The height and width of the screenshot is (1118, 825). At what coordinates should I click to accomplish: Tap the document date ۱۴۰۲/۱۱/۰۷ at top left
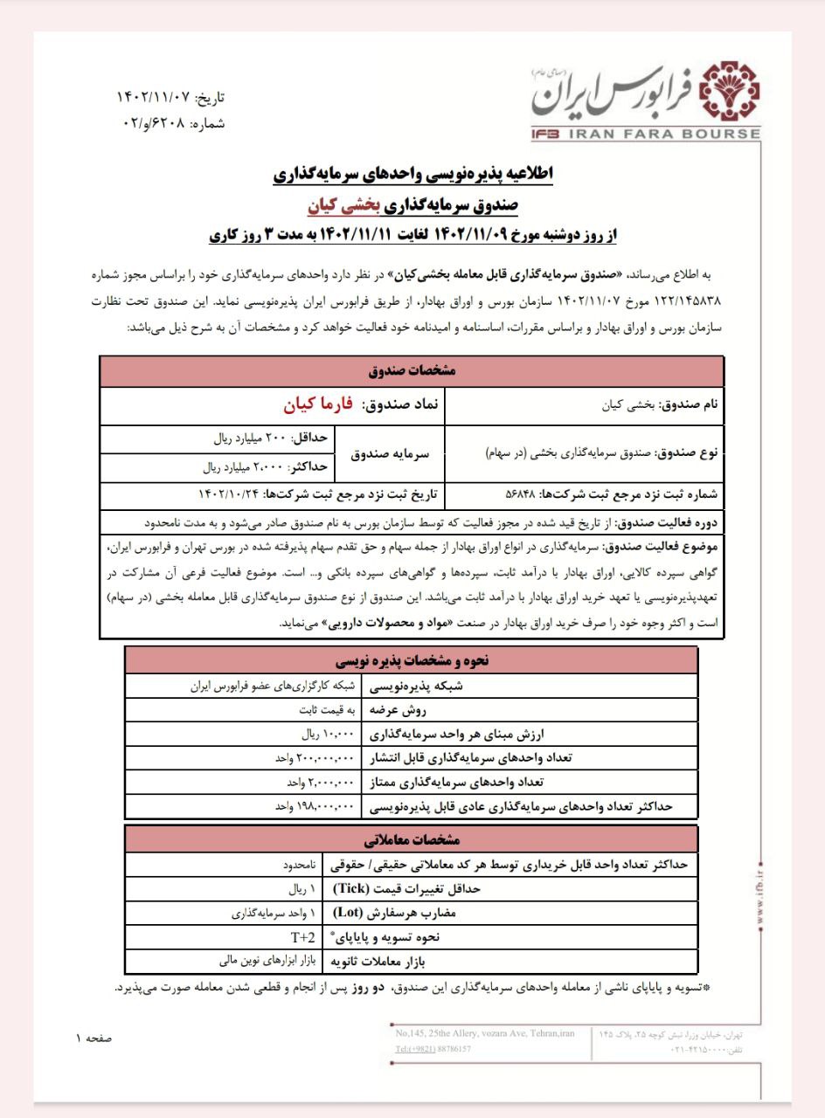154,95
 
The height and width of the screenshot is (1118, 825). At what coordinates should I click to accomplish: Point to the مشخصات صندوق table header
412,371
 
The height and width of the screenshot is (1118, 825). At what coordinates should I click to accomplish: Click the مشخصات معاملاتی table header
411,840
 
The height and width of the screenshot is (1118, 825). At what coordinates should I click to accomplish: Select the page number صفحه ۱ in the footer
94,1038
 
